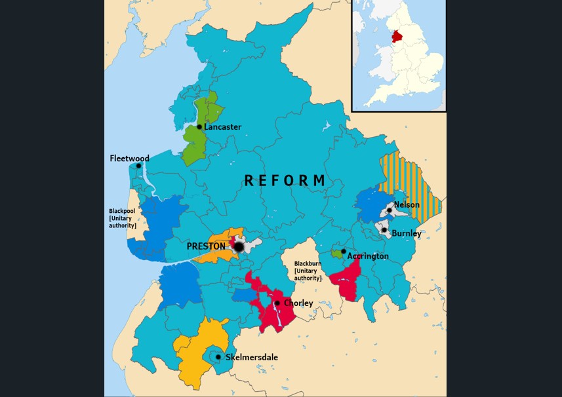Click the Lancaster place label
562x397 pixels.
223,127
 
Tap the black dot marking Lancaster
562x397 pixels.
199,127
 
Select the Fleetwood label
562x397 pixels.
129,159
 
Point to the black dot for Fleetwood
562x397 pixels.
138,166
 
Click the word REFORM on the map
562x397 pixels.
285,181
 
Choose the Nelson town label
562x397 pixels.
407,205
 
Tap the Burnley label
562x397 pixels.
407,233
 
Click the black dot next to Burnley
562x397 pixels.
384,230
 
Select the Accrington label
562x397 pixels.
368,256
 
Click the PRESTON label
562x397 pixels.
206,246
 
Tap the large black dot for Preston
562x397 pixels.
239,247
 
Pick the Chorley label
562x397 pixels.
298,303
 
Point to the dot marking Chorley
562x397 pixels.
277,303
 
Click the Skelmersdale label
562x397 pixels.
252,358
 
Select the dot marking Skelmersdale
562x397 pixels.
218,357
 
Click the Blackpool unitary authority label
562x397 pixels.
123,218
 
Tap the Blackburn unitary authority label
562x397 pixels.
308,271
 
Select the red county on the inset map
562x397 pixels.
396,36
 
